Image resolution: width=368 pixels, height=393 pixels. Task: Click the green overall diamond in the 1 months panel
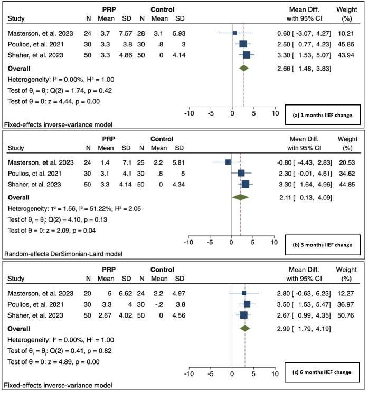point(243,68)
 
